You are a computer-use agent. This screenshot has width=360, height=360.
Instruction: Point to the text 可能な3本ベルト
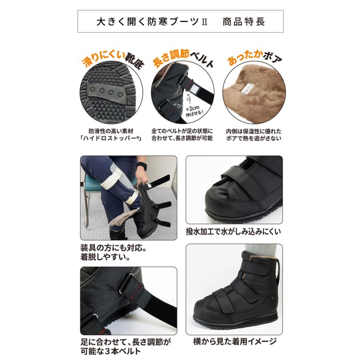[x=110, y=352]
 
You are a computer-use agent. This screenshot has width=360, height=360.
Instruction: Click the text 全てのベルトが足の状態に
[x=182, y=131]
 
